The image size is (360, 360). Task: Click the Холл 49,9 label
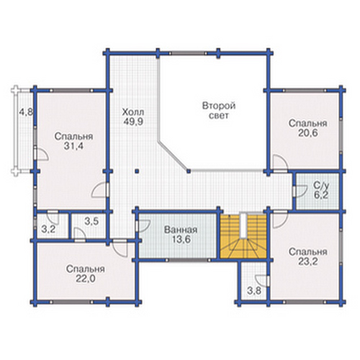tap(133, 117)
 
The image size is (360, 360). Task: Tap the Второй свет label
tap(219, 110)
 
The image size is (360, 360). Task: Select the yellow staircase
tap(243, 237)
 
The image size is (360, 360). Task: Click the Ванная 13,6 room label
tap(181, 235)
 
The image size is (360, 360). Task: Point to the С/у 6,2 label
tap(320, 190)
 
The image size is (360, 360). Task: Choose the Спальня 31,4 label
tap(73, 141)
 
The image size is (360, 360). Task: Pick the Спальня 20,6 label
tap(307, 128)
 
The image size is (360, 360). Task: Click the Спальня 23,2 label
tap(307, 256)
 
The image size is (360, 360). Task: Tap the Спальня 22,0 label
tap(86, 274)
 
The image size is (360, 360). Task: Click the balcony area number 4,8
tap(26, 112)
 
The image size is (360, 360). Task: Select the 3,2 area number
tap(48, 229)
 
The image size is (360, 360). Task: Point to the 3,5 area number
tap(91, 221)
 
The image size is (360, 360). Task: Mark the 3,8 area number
tap(254, 291)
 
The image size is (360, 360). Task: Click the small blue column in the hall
tap(137, 171)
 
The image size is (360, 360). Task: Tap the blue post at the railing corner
tap(189, 171)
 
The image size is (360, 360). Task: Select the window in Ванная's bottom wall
tap(188, 260)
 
